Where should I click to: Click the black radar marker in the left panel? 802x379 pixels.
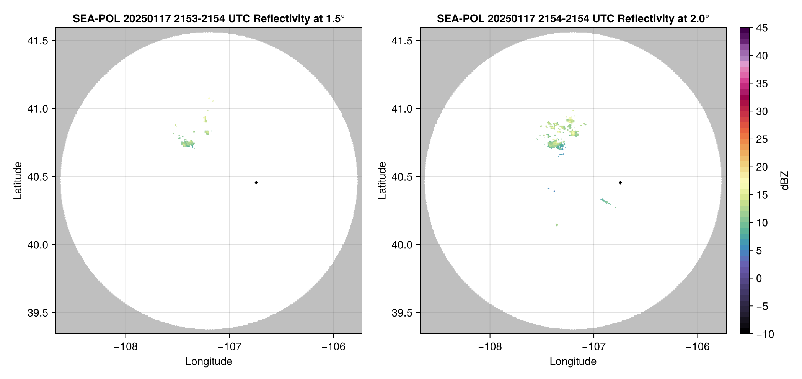click(x=256, y=183)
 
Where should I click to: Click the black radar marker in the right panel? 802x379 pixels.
click(x=620, y=183)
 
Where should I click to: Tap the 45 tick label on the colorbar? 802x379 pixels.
click(x=761, y=28)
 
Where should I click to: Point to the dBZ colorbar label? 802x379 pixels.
click(x=785, y=181)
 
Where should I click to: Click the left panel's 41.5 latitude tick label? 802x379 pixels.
click(x=37, y=41)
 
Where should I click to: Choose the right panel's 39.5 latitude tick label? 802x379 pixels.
click(x=402, y=313)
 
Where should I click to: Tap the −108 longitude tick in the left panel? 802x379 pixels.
click(x=126, y=347)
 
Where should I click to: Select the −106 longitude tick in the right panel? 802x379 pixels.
click(x=698, y=347)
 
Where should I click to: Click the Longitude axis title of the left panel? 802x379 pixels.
click(x=209, y=361)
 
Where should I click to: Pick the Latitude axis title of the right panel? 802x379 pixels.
click(x=382, y=181)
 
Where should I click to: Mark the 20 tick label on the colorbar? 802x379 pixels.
click(x=761, y=167)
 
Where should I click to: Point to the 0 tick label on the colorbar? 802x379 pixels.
click(x=759, y=278)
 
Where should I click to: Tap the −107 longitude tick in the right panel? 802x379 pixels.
click(x=594, y=347)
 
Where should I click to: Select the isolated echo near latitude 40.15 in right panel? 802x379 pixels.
click(x=557, y=225)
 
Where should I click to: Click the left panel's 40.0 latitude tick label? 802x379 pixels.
click(x=37, y=245)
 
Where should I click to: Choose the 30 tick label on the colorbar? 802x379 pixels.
click(x=761, y=111)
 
